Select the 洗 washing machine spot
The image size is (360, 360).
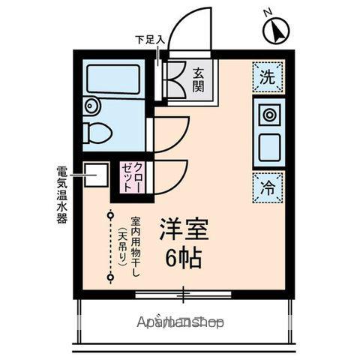pos(268,76)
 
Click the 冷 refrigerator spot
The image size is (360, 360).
pos(268,187)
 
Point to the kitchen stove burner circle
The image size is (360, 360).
pos(268,115)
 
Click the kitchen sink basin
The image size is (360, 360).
pos(268,146)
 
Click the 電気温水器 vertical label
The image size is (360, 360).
pos(61,193)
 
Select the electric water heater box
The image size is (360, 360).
pos(93,175)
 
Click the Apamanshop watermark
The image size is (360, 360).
pos(181,322)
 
